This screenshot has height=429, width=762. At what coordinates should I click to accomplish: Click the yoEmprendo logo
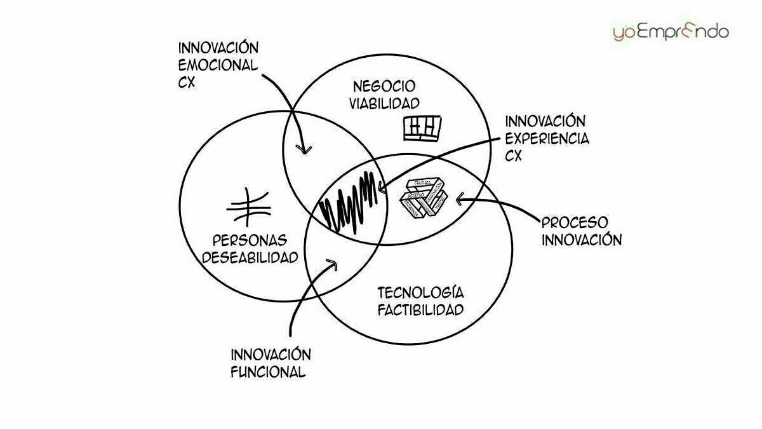(671, 31)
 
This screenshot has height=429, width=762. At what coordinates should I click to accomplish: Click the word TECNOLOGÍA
(420, 293)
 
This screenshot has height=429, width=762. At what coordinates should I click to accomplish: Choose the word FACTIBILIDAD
(420, 310)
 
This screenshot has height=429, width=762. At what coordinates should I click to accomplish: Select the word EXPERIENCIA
(546, 138)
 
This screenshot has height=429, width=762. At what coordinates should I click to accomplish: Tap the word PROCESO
(574, 222)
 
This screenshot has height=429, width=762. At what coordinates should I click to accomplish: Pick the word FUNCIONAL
(268, 372)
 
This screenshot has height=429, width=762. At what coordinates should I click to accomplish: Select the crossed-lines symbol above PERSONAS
(249, 207)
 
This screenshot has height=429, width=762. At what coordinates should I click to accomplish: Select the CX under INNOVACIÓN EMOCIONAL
(189, 83)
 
